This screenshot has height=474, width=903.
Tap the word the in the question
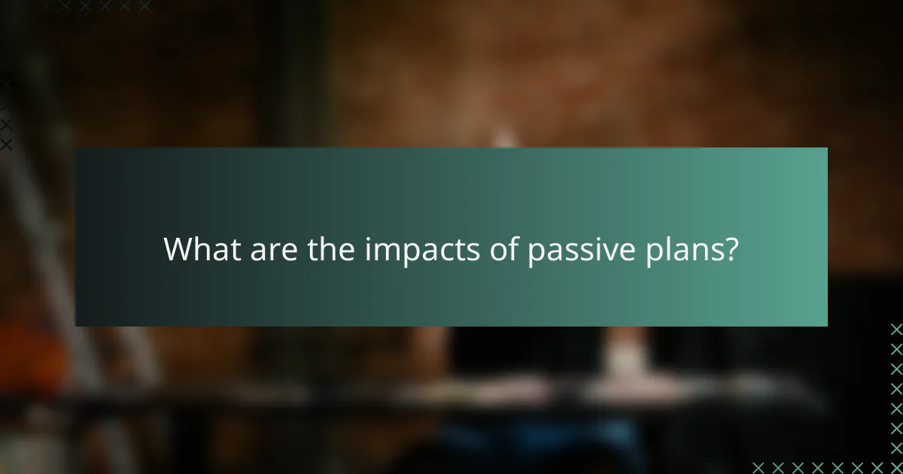tap(333, 249)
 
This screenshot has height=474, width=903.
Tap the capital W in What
tap(179, 249)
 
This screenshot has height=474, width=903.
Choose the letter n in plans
tap(698, 251)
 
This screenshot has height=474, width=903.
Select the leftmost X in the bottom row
tap(758, 467)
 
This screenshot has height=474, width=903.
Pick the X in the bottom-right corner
tap(896, 467)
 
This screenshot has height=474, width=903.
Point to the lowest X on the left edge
tap(6, 144)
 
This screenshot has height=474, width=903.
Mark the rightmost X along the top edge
tap(144, 6)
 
